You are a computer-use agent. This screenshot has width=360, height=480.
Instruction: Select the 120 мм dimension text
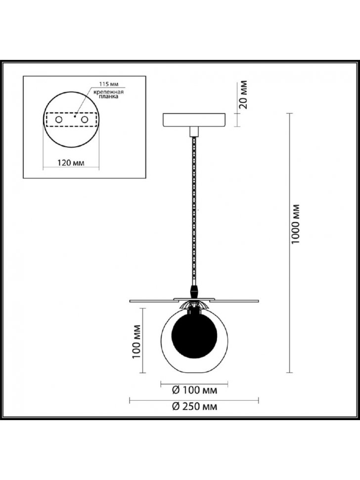tap(71, 162)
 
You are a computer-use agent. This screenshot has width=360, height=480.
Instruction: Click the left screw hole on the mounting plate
tap(58, 119)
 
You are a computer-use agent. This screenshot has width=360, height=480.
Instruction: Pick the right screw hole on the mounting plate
tap(84, 119)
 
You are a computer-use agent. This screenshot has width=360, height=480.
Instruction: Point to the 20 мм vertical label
tap(243, 95)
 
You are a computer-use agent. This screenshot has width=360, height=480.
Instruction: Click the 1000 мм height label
tap(295, 224)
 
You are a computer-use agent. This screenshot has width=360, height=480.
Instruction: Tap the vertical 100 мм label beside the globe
tap(136, 341)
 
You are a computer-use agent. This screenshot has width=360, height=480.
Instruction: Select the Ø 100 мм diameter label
tap(194, 390)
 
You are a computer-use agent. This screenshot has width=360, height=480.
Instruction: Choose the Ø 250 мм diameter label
tap(194, 406)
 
